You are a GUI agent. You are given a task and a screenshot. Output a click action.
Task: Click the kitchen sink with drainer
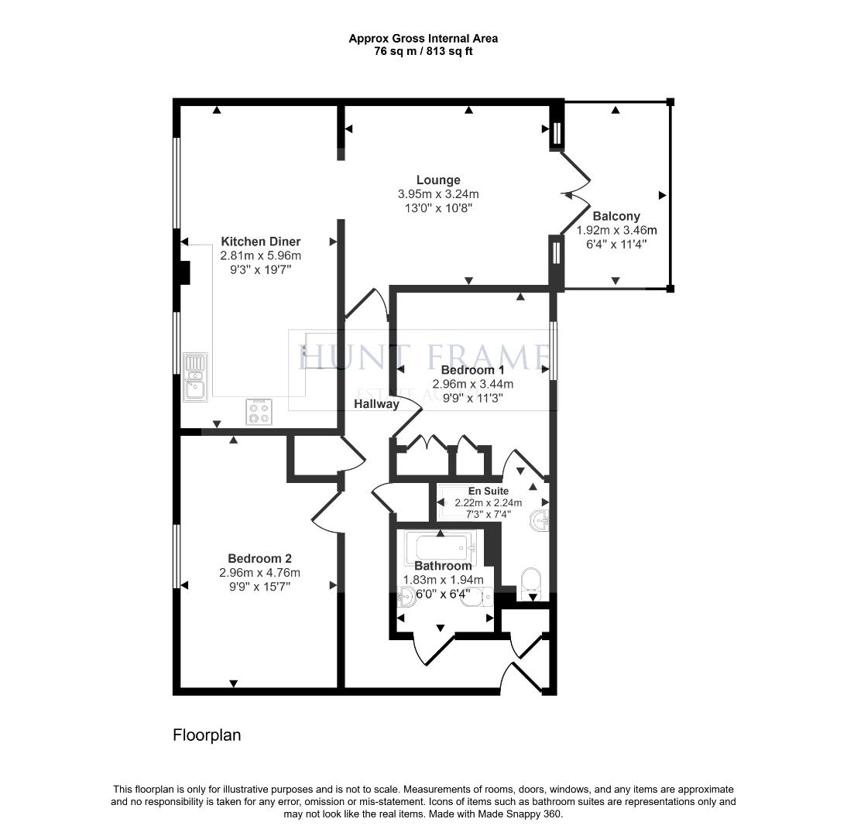click(195, 377)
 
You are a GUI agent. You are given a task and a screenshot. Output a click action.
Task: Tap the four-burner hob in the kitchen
click(259, 412)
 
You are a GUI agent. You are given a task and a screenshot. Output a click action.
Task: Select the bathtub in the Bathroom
click(438, 548)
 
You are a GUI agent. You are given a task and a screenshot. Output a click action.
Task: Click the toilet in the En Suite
click(531, 582)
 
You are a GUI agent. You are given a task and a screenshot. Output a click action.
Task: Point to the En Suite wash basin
click(539, 522)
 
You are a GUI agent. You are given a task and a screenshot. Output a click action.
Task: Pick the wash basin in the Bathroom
click(407, 596)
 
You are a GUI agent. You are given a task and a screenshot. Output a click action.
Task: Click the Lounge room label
click(437, 180)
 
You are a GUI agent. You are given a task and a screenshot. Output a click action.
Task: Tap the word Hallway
click(377, 404)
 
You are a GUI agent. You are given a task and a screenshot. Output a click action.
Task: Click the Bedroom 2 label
click(259, 558)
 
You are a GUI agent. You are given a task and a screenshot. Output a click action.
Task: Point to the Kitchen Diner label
click(261, 242)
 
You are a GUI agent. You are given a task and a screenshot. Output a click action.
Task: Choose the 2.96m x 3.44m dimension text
click(473, 384)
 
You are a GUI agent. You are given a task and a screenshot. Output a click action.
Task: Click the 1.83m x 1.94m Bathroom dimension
click(443, 580)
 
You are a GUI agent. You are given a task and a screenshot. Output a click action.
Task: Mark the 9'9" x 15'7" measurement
click(259, 587)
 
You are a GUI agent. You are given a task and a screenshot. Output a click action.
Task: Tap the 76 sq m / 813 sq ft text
click(423, 52)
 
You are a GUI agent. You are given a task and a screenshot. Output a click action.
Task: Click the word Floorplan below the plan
click(207, 735)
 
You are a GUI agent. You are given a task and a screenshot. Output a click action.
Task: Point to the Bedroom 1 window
click(553, 351)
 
